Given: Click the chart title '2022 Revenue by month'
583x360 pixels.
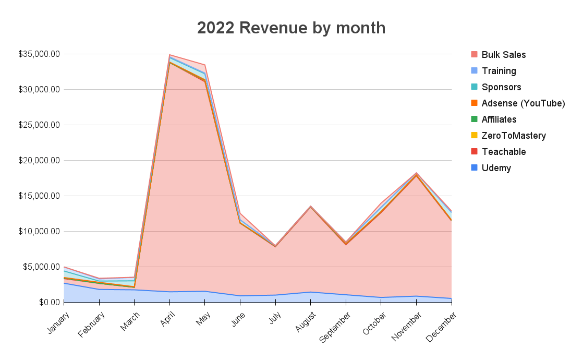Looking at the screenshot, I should (291, 28).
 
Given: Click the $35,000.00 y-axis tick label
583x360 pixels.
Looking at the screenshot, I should (39, 54).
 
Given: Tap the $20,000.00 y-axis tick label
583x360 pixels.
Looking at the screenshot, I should (39, 160).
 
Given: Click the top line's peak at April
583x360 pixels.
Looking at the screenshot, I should (169, 54).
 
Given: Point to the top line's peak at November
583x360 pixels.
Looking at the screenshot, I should (416, 173).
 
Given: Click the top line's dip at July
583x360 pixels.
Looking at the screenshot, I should (275, 246).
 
